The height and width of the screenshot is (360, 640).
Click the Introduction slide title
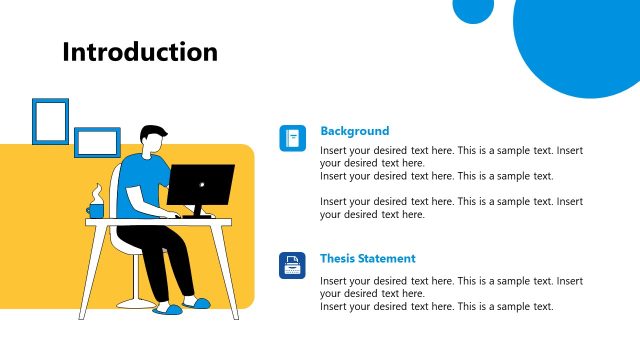(139, 52)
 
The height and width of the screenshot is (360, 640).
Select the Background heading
(354, 131)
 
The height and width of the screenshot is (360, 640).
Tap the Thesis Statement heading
(367, 258)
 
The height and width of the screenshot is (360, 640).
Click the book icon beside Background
(292, 138)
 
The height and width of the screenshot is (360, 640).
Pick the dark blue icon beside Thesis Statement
(292, 265)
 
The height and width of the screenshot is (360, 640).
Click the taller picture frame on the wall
(50, 121)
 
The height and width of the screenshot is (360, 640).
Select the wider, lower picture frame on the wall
(97, 142)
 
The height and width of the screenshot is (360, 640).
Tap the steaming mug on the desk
(95, 210)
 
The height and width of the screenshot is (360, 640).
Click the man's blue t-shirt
(139, 185)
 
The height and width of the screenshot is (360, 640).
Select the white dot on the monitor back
(200, 184)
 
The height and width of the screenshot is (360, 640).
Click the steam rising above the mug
(96, 192)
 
